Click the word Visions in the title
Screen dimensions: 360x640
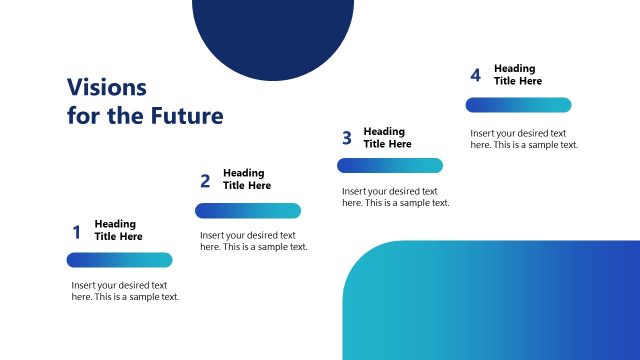pyautogui.click(x=106, y=87)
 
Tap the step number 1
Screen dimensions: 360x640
pyautogui.click(x=76, y=233)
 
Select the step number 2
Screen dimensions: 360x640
pyautogui.click(x=205, y=181)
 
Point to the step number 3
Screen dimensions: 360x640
pyautogui.click(x=346, y=138)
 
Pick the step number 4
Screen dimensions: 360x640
pyautogui.click(x=475, y=76)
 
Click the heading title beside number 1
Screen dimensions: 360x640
pyautogui.click(x=118, y=230)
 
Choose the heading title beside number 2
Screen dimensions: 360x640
pyautogui.click(x=246, y=179)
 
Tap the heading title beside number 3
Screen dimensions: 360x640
pyautogui.click(x=387, y=138)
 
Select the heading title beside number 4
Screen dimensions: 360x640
pyautogui.click(x=518, y=75)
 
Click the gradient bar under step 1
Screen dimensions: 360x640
pyautogui.click(x=119, y=260)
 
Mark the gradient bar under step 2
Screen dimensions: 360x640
pyautogui.click(x=247, y=210)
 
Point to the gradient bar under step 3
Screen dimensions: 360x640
pyautogui.click(x=389, y=166)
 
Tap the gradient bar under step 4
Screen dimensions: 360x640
pyautogui.click(x=518, y=105)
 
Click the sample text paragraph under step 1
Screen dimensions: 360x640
pyautogui.click(x=125, y=291)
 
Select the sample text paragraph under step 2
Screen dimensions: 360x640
pyautogui.click(x=253, y=241)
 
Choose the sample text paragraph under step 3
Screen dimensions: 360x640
pyautogui.click(x=395, y=197)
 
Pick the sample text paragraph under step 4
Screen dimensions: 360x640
pyautogui.click(x=524, y=139)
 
